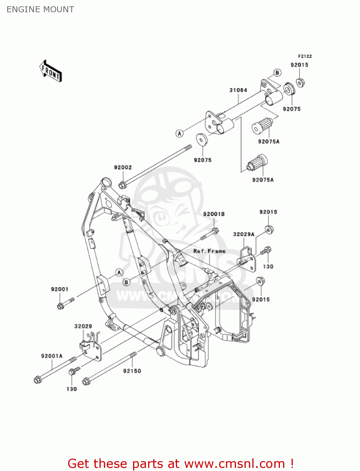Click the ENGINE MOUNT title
40,9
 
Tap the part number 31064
238,90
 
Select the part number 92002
123,168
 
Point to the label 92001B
214,214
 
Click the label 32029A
244,234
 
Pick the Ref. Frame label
209,251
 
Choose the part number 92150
132,371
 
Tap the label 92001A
52,356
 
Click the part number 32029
83,327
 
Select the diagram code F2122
305,56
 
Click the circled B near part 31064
277,73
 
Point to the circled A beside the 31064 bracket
179,133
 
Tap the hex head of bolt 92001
61,306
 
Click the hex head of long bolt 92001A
37,380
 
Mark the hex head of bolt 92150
86,382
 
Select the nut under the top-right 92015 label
300,83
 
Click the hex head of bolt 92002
122,185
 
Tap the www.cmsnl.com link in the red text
234,464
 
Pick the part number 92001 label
60,289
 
